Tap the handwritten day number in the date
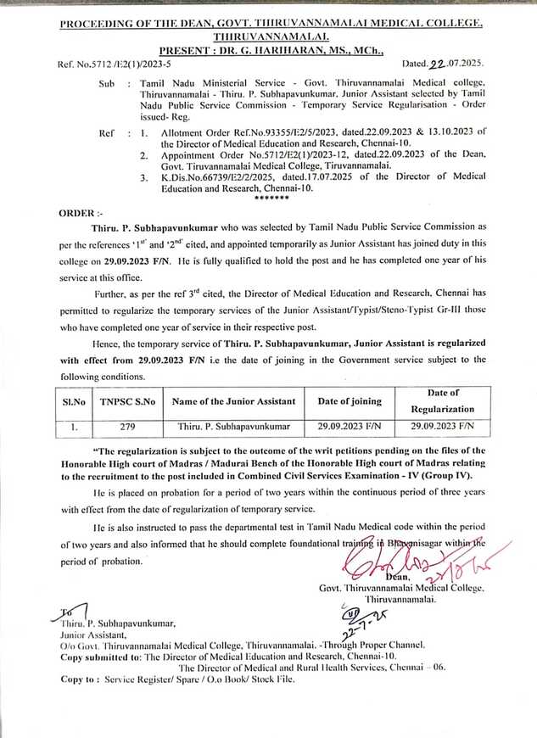(438, 64)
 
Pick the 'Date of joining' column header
(349, 400)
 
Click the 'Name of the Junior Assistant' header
(234, 400)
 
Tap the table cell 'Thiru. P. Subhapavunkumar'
(234, 426)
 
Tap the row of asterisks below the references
(271, 198)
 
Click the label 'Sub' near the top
(107, 86)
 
